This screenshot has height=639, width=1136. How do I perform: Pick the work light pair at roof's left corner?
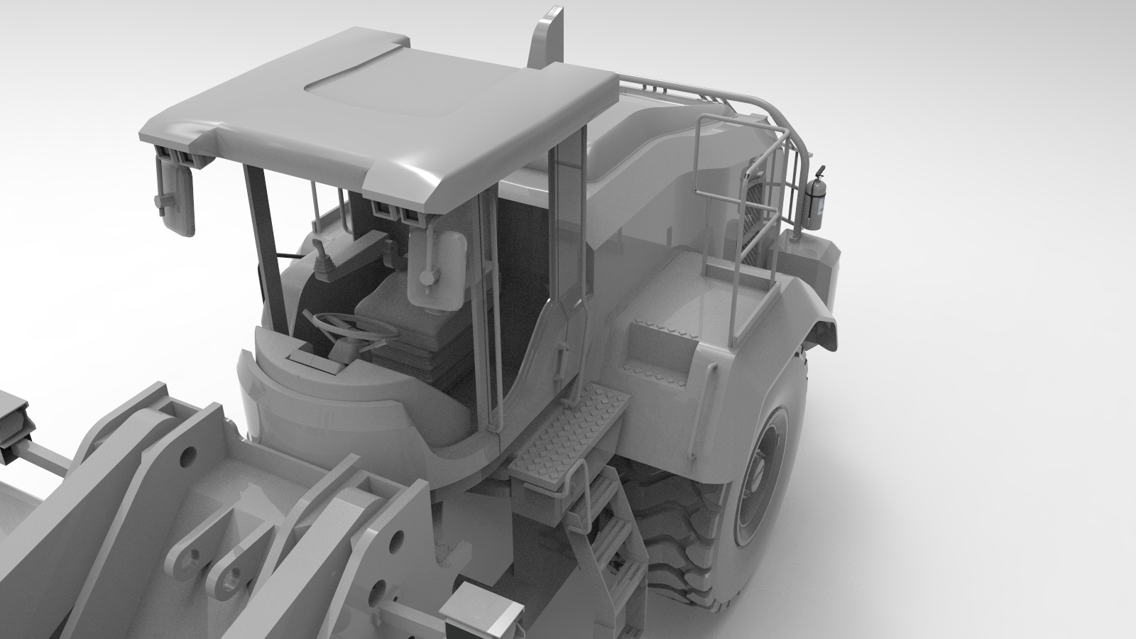[177, 156]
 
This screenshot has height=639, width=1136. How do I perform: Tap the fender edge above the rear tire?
[816, 312]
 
